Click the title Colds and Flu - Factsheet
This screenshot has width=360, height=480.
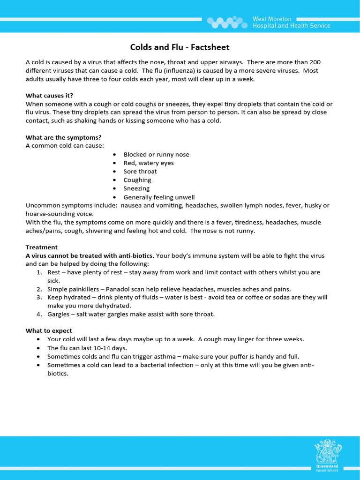click(x=180, y=47)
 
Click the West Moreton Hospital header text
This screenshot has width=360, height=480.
click(x=291, y=22)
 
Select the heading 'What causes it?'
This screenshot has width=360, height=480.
click(x=49, y=96)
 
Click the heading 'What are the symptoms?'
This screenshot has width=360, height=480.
click(x=63, y=137)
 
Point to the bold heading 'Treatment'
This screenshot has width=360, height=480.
click(x=42, y=247)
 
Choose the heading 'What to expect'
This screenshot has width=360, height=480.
click(x=49, y=330)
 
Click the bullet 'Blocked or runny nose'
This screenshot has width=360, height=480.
click(x=156, y=155)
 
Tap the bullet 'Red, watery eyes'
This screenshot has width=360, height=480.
click(x=148, y=163)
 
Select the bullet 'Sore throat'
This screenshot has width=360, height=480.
click(x=140, y=172)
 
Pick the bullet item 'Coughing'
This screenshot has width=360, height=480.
click(x=137, y=180)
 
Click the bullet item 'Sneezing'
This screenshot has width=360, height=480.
click(x=136, y=188)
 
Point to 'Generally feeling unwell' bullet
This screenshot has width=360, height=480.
click(x=159, y=197)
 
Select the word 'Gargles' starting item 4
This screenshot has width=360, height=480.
click(x=58, y=314)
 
